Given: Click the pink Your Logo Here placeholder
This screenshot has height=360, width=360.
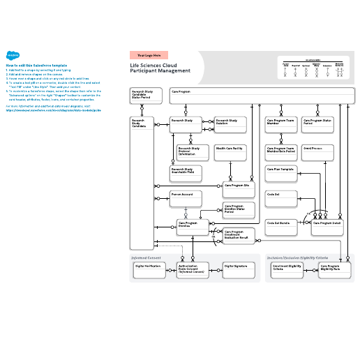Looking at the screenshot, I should pyautogui.click(x=149, y=55).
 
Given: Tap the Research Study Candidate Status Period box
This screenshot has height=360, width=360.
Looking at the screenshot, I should pyautogui.click(x=145, y=96).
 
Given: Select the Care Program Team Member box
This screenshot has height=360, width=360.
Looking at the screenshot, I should pyautogui.click(x=282, y=125).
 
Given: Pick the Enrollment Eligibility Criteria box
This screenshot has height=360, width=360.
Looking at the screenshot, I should pyautogui.click(x=287, y=271).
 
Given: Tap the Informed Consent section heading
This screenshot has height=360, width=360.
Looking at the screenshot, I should pyautogui.click(x=147, y=257).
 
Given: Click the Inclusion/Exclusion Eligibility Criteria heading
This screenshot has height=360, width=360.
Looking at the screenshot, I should pyautogui.click(x=297, y=257).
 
